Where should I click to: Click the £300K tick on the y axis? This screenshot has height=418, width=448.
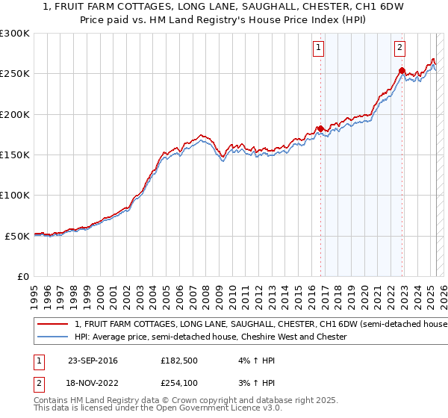point(15,34)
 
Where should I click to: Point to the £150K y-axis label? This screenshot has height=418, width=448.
point(15,155)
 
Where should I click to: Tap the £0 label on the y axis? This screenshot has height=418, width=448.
point(23,276)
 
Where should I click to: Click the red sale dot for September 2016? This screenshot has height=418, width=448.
point(320,128)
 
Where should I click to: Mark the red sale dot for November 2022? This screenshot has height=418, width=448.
point(402,71)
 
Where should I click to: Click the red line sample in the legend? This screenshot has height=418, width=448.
point(53,325)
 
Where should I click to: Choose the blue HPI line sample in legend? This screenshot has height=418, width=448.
point(53,337)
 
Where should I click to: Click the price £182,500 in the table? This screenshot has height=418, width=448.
point(178,361)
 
